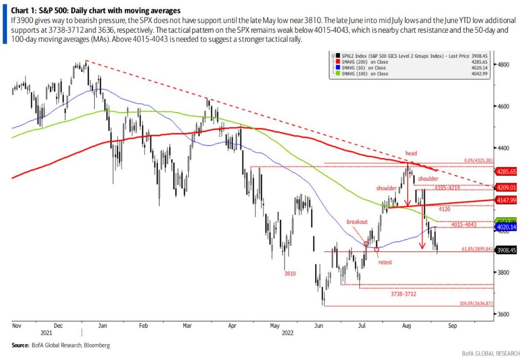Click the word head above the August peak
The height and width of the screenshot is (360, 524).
tap(411, 153)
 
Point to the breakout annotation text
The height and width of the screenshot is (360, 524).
tap(357, 222)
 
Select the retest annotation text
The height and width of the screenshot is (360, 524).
tap(385, 262)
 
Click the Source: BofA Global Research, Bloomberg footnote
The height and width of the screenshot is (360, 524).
tap(61, 346)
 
